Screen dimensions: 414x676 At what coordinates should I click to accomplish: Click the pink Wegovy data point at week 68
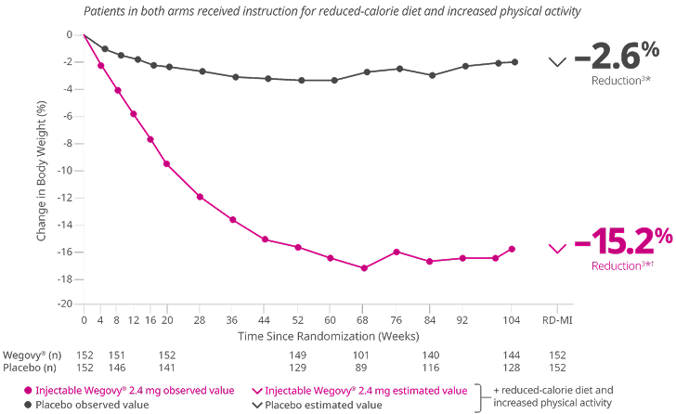pos(364,268)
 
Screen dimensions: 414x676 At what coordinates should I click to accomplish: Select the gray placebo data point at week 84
pos(430,75)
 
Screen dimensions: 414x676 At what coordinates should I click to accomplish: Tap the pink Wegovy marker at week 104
pos(512,249)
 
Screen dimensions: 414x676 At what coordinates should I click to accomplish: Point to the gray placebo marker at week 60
pos(334,80)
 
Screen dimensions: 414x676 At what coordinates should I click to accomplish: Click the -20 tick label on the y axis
pos(67,304)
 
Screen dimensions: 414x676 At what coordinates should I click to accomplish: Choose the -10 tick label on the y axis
pos(67,170)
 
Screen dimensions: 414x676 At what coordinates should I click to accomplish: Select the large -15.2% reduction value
pos(623,244)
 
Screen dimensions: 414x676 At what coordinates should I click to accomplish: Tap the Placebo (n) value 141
pos(167,367)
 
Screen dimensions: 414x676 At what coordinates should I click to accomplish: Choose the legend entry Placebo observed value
pos(84,405)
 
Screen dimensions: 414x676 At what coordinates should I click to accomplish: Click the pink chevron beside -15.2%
pos(556,248)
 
